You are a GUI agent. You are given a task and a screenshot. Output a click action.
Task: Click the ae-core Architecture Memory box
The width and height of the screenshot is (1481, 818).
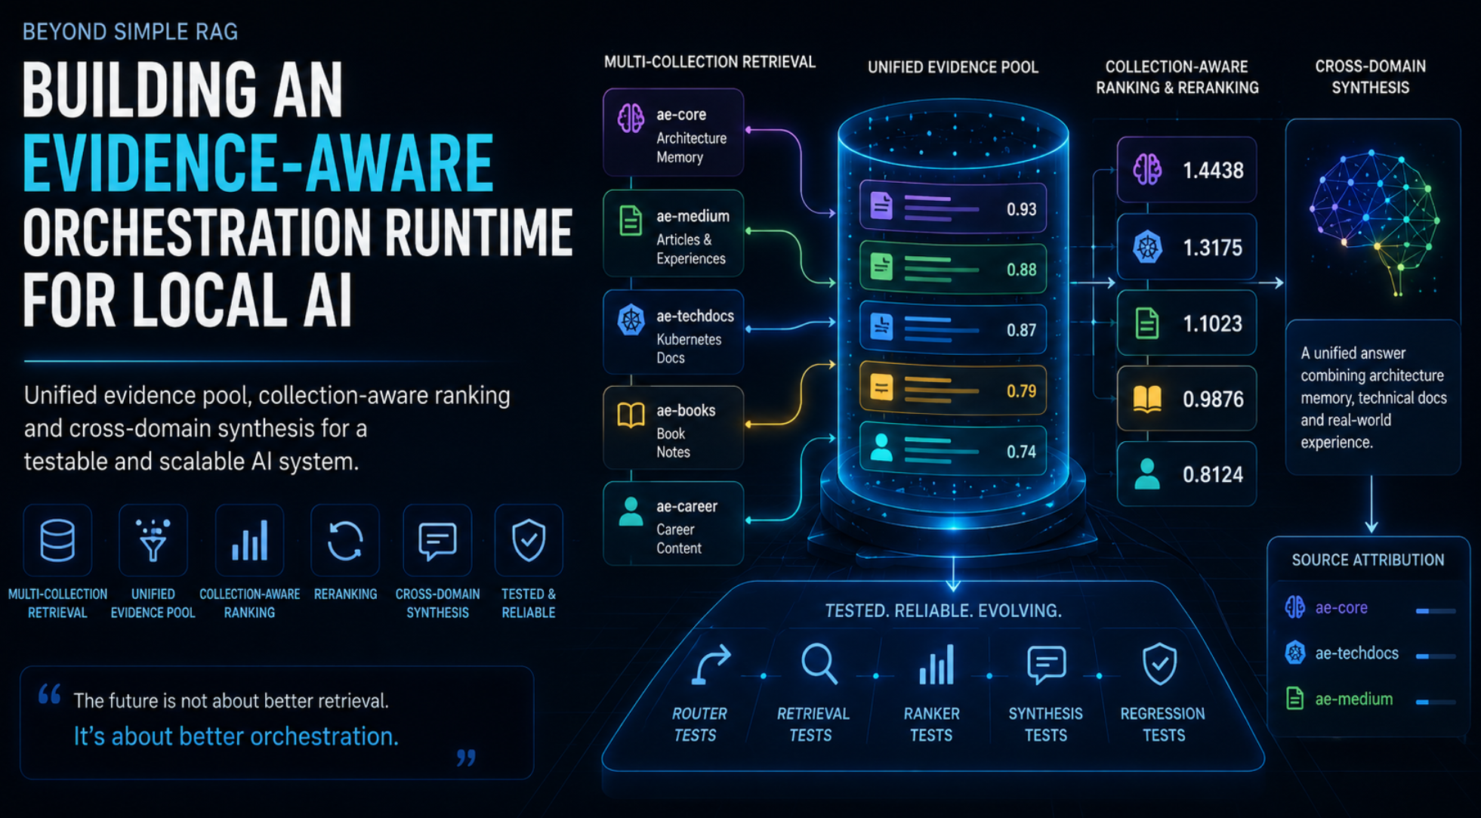point(673,132)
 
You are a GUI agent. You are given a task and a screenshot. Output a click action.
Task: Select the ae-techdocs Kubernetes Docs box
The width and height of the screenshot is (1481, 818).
point(673,332)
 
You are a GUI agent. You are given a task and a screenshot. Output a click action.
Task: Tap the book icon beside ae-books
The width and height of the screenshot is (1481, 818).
point(631,415)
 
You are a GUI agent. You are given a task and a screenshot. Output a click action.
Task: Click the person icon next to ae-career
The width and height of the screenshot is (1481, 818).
point(631,511)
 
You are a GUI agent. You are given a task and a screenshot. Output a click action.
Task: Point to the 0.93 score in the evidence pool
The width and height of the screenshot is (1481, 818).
point(1021,209)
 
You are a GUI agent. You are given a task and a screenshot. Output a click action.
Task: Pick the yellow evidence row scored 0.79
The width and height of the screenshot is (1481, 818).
point(953,390)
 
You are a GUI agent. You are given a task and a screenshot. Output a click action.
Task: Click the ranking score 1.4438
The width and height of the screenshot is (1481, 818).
point(1213,171)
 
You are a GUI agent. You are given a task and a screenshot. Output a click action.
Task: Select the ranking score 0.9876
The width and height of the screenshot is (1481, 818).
point(1213,399)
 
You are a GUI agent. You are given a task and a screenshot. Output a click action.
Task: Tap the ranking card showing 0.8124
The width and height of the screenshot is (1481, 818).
point(1186,474)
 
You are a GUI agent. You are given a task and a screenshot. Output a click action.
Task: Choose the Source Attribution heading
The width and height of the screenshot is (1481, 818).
point(1368,560)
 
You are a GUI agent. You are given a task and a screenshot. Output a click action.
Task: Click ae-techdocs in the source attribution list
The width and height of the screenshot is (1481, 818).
point(1356,653)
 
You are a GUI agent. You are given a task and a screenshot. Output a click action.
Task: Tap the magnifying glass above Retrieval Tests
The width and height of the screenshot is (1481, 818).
point(819,664)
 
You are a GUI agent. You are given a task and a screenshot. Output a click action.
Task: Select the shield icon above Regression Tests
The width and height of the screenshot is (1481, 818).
point(1159,664)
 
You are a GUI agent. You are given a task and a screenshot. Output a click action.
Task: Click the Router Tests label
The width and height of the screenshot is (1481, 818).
point(698,724)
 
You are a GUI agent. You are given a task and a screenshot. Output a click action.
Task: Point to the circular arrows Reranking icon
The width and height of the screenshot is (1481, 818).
point(345,541)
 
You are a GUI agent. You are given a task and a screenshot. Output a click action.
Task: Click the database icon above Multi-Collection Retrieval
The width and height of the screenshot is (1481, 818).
point(57,541)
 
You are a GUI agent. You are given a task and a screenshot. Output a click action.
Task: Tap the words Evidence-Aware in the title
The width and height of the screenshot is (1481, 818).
point(258,162)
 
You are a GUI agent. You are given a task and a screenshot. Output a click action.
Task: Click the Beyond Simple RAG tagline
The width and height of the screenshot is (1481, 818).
point(130,32)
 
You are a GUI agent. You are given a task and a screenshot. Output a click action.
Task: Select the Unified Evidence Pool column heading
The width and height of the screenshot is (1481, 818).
point(953,67)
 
